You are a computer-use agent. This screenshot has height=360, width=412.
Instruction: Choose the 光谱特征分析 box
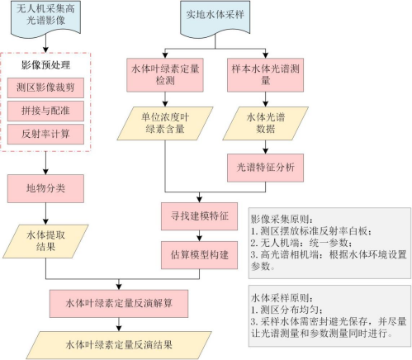265,168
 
